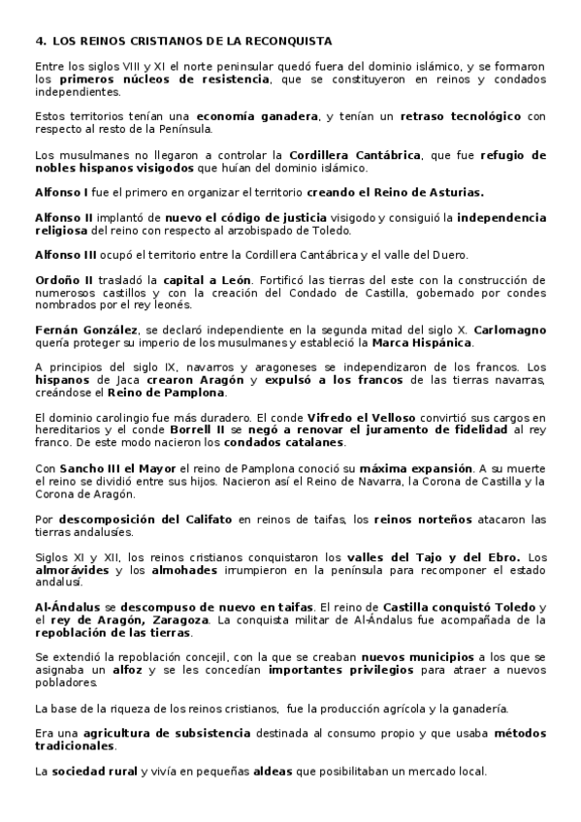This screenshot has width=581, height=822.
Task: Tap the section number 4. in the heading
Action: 40,42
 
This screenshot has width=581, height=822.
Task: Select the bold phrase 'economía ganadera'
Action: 262,116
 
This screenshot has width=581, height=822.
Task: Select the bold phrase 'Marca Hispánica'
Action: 424,343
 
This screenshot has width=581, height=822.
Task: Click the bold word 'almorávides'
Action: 72,570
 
